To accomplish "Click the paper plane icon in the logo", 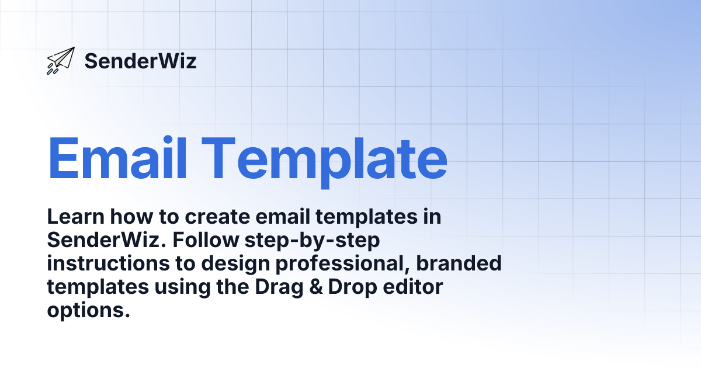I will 61,60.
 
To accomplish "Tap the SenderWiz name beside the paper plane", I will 140,61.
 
